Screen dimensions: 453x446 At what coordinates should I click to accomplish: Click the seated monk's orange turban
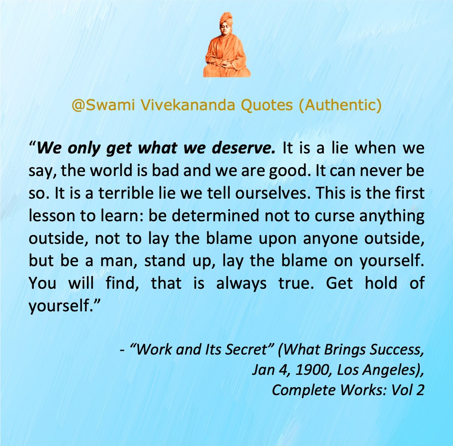pos(226,19)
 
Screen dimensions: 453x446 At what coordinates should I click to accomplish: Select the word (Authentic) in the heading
pos(340,105)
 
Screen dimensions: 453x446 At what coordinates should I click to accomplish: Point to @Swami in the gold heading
pos(103,105)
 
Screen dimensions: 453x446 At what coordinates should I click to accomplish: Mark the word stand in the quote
pos(165,261)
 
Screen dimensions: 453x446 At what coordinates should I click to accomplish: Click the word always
pos(241,284)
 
